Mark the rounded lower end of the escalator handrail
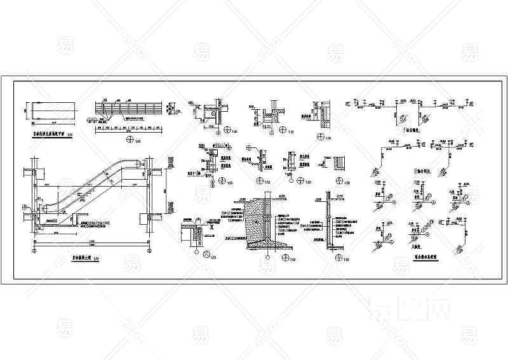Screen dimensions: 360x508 (x=44, y=207)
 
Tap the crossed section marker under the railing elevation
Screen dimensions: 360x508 (x=131, y=139)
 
